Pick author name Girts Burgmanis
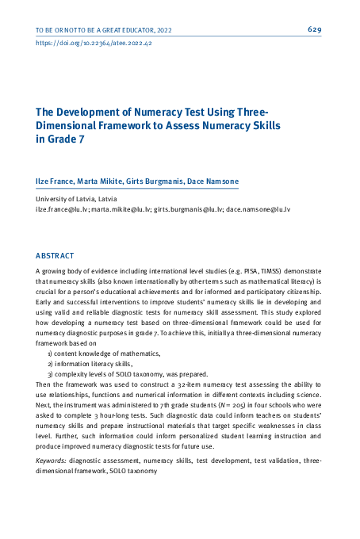[x=155, y=182]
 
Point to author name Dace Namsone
[x=212, y=182]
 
